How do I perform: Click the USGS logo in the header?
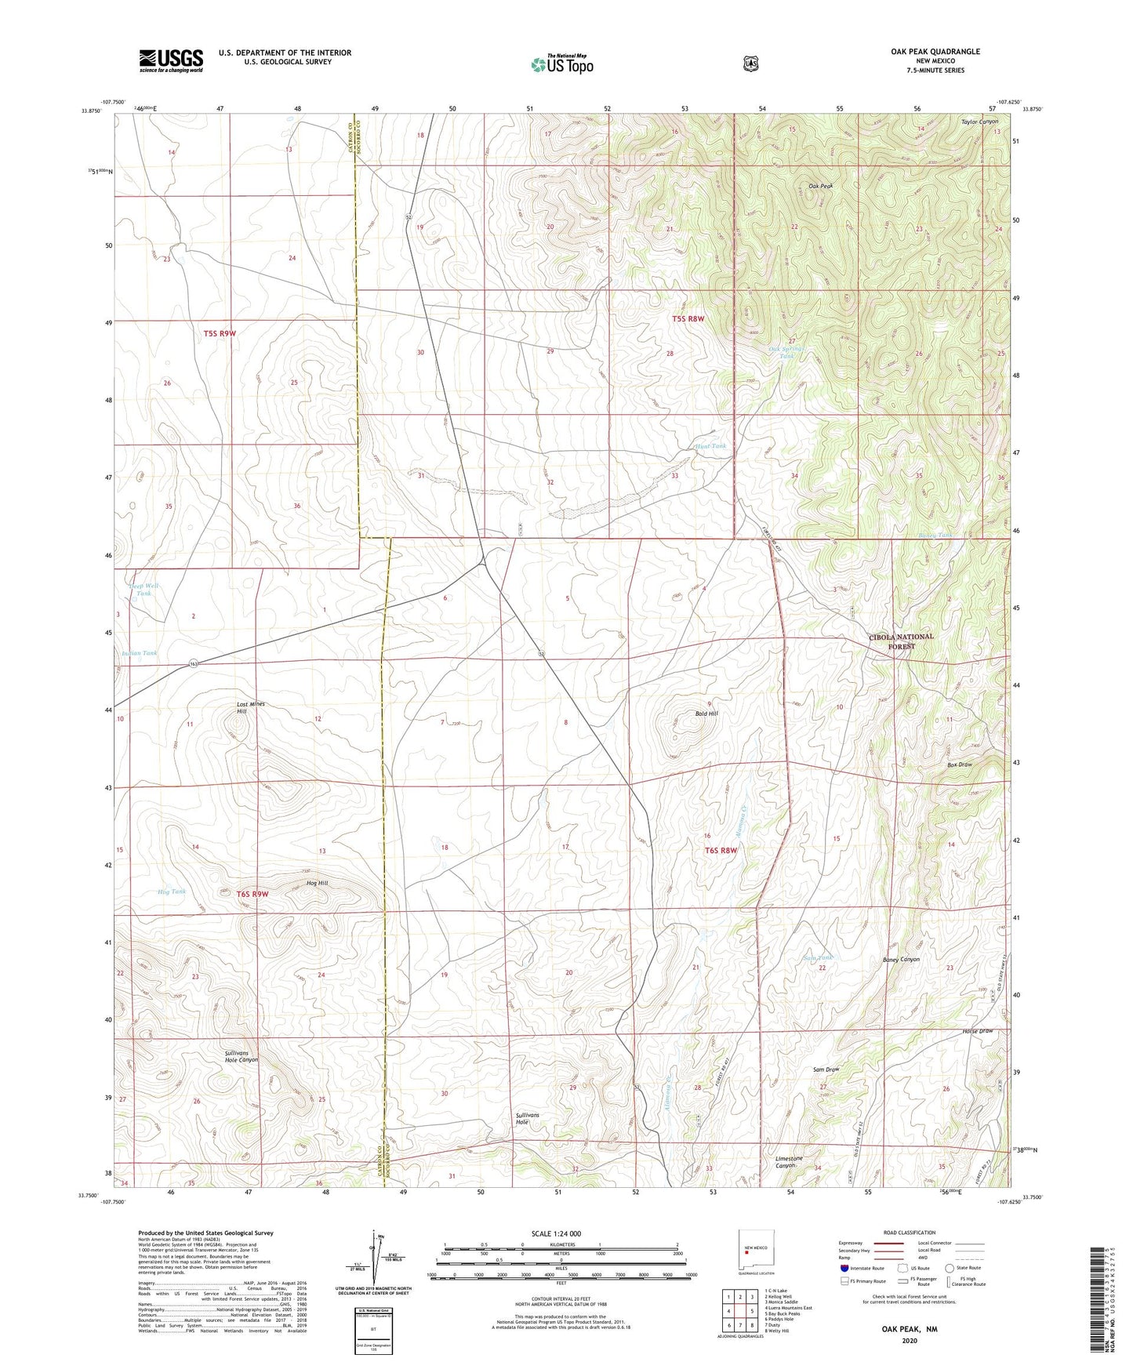click(171, 60)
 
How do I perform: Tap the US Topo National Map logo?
click(561, 64)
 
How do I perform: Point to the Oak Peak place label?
click(820, 186)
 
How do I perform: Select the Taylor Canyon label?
click(979, 122)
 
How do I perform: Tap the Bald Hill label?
click(706, 714)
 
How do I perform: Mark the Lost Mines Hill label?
click(250, 707)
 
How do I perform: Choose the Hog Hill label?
click(317, 883)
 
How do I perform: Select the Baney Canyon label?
click(901, 959)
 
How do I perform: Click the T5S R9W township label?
click(220, 333)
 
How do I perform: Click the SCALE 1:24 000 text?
click(556, 1233)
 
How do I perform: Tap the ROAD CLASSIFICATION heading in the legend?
click(910, 1233)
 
